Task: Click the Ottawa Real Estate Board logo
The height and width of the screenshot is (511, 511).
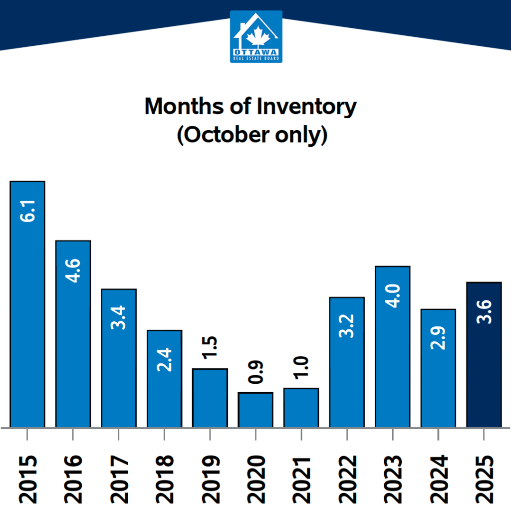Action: (256, 36)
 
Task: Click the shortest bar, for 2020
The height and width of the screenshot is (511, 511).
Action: (255, 410)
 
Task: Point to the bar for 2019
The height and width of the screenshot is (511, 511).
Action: (210, 398)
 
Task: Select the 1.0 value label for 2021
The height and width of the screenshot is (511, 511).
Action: (301, 368)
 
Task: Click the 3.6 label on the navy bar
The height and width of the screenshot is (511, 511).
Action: (484, 311)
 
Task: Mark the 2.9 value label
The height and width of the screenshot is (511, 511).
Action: (438, 338)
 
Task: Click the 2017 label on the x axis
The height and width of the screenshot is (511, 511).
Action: (119, 478)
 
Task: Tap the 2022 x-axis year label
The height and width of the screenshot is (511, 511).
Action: (347, 478)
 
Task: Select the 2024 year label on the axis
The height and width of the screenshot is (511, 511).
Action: (439, 478)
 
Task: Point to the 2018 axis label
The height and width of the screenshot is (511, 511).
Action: (165, 478)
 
